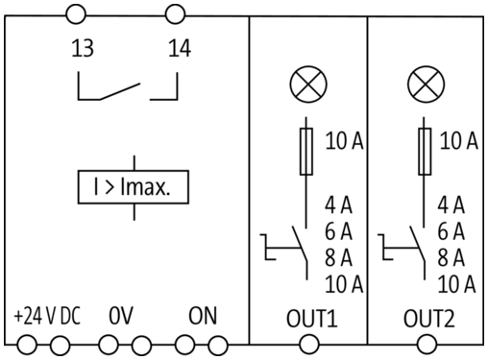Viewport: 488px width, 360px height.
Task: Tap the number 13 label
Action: click(x=83, y=48)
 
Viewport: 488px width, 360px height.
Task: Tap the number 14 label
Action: click(x=180, y=48)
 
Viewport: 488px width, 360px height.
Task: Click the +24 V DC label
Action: click(x=47, y=316)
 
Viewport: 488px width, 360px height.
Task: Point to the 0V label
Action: click(x=121, y=316)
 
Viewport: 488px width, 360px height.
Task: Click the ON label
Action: click(x=203, y=316)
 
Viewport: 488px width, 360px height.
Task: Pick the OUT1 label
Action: click(x=312, y=319)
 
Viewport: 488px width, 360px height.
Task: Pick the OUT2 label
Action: click(x=429, y=319)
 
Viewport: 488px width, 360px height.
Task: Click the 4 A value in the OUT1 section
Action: click(x=338, y=205)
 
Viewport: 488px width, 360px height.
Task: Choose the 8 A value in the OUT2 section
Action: click(x=451, y=257)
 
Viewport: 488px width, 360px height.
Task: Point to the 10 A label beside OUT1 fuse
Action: click(x=345, y=140)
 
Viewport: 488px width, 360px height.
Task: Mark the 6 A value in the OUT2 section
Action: click(x=451, y=231)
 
